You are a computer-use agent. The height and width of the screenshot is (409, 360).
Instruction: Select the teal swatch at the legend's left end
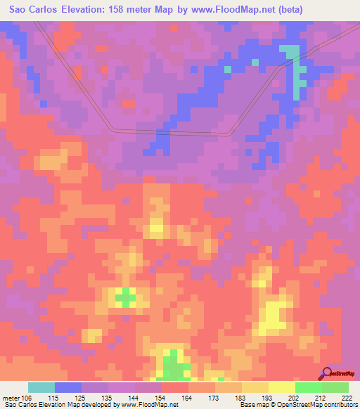pos(41,387)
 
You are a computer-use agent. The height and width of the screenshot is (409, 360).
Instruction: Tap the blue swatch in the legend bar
pos(68,387)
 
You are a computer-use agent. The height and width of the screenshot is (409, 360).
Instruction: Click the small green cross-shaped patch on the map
pos(125,297)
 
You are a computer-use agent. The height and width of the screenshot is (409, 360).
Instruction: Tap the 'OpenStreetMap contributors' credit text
pos(325,405)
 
